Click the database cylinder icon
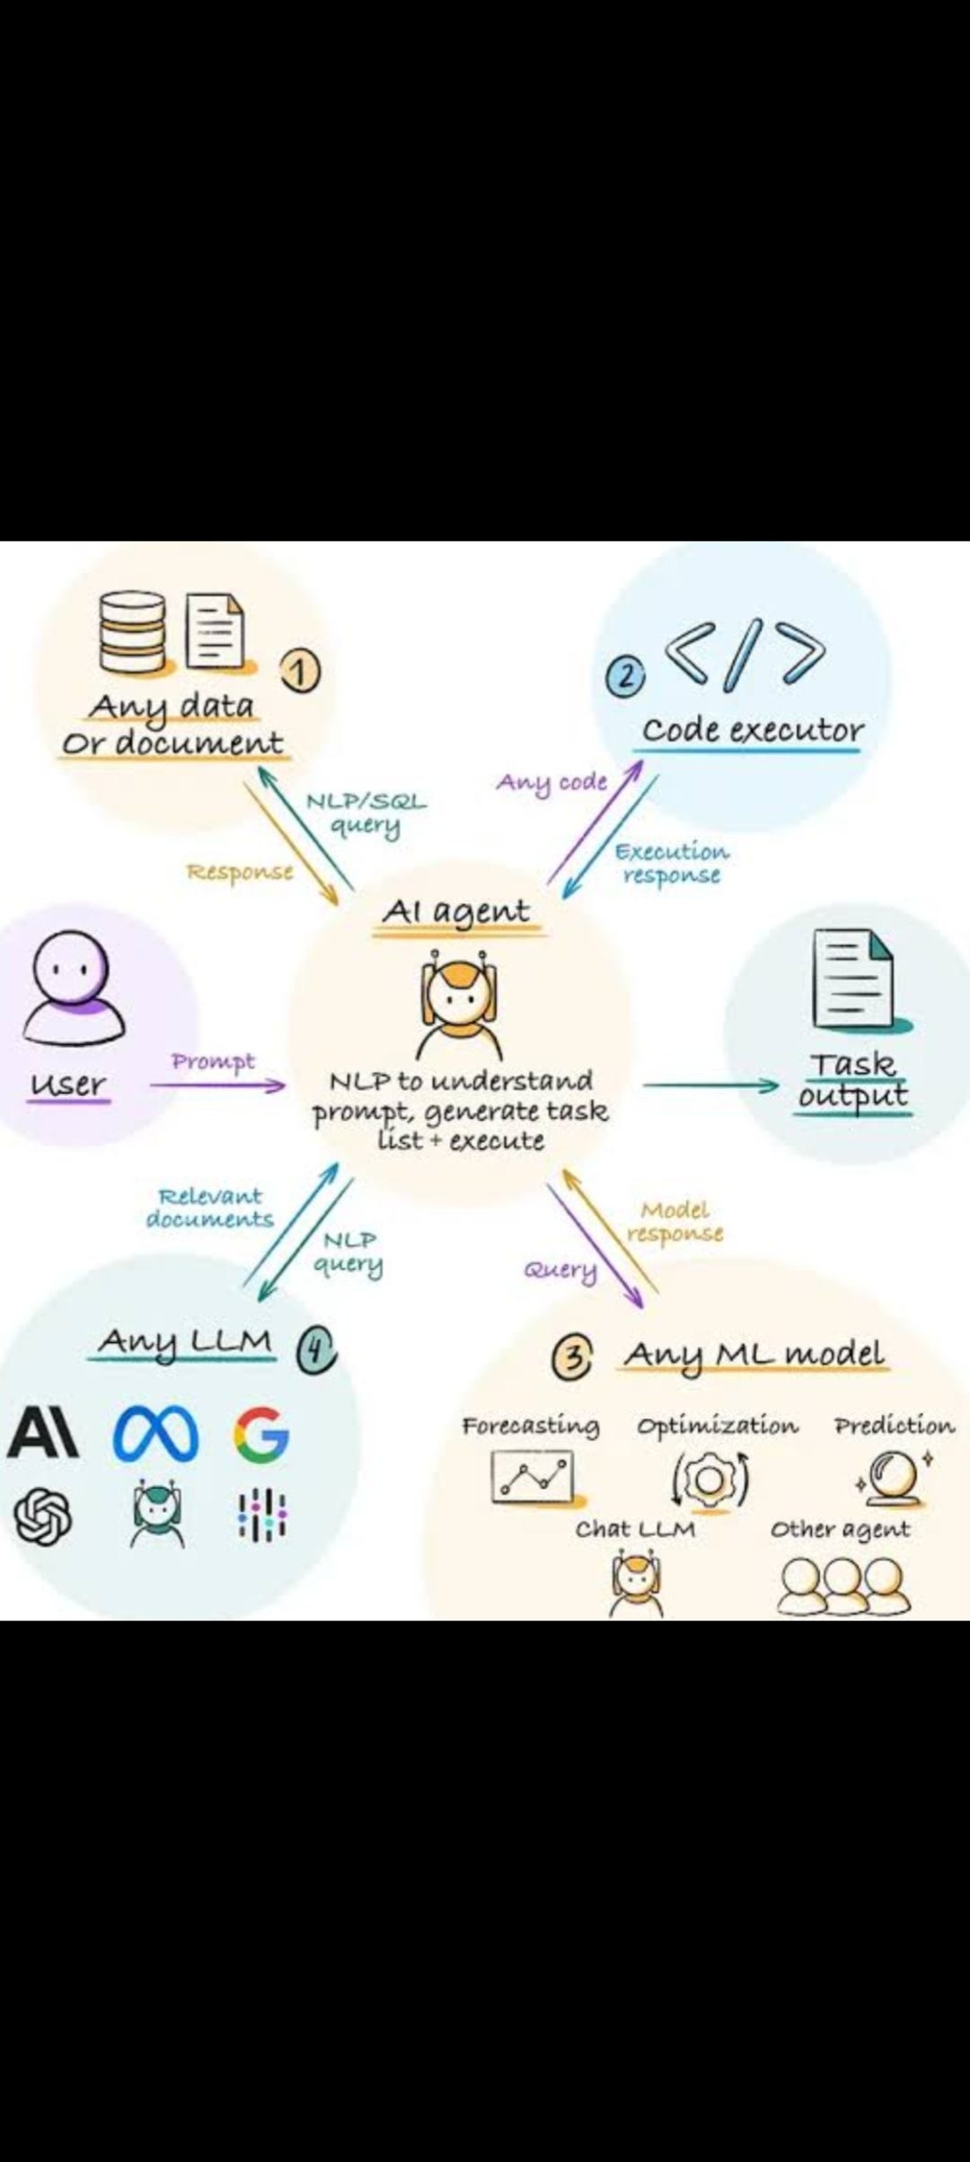pos(132,632)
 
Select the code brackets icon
pos(745,654)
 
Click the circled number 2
pos(625,676)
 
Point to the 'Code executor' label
pos(753,730)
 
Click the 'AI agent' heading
pos(456,911)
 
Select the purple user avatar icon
pos(73,988)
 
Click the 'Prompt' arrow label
pos(214,1061)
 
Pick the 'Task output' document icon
pos(853,978)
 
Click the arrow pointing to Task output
pos(710,1085)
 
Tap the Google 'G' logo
pos(261,1434)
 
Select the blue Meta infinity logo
pos(155,1434)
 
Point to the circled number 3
pos(572,1357)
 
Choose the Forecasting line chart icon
pos(532,1477)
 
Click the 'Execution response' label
pos(672,863)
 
